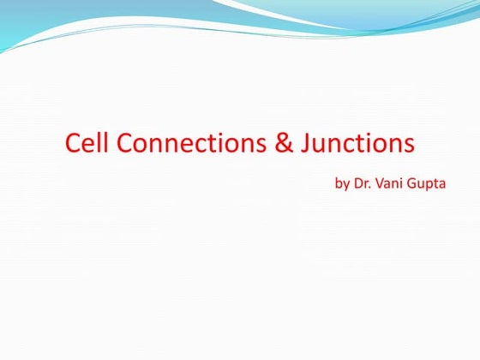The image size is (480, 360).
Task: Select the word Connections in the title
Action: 193,143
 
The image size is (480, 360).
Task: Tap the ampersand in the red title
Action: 284,143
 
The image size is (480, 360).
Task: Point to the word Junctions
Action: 357,143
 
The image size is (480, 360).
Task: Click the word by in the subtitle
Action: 340,184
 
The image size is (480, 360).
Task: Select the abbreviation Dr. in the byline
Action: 363,183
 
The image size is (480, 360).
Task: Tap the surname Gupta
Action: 428,184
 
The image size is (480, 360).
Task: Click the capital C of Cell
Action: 73,143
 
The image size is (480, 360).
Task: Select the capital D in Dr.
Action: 358,183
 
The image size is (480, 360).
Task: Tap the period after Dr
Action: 370,188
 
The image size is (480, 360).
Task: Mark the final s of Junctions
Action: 408,145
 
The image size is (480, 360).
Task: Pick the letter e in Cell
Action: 90,145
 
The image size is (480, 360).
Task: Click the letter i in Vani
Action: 403,183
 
